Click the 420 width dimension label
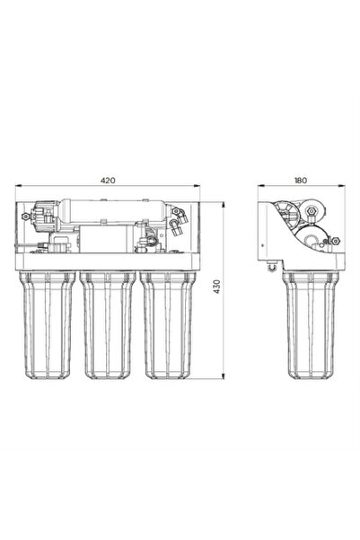point(108,180)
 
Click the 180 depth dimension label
point(301,180)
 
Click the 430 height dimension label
point(217,287)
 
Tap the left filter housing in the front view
point(48,325)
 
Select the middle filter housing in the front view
point(108,325)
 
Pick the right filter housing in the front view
point(168,325)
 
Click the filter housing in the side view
point(311,325)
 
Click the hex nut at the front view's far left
point(25,217)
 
